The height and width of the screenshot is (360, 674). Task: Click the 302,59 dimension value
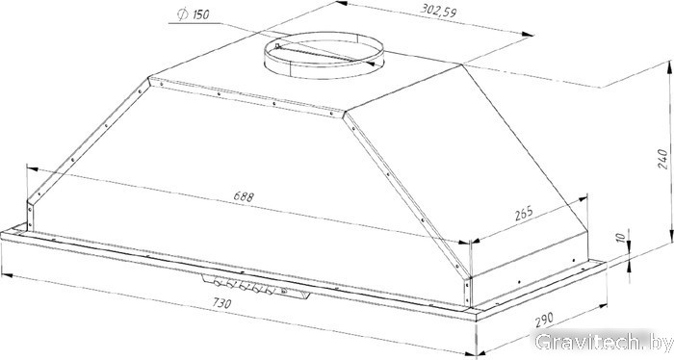(438, 10)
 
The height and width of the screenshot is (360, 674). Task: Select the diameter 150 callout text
(194, 14)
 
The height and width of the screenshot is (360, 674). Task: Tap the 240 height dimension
(663, 159)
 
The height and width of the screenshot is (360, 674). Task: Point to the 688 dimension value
(244, 196)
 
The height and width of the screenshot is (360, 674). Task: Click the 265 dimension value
(524, 213)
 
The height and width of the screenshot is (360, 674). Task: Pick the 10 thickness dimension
(620, 237)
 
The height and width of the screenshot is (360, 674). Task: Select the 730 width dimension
(221, 303)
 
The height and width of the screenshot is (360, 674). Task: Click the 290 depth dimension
(544, 320)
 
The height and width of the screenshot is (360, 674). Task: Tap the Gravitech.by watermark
(603, 343)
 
